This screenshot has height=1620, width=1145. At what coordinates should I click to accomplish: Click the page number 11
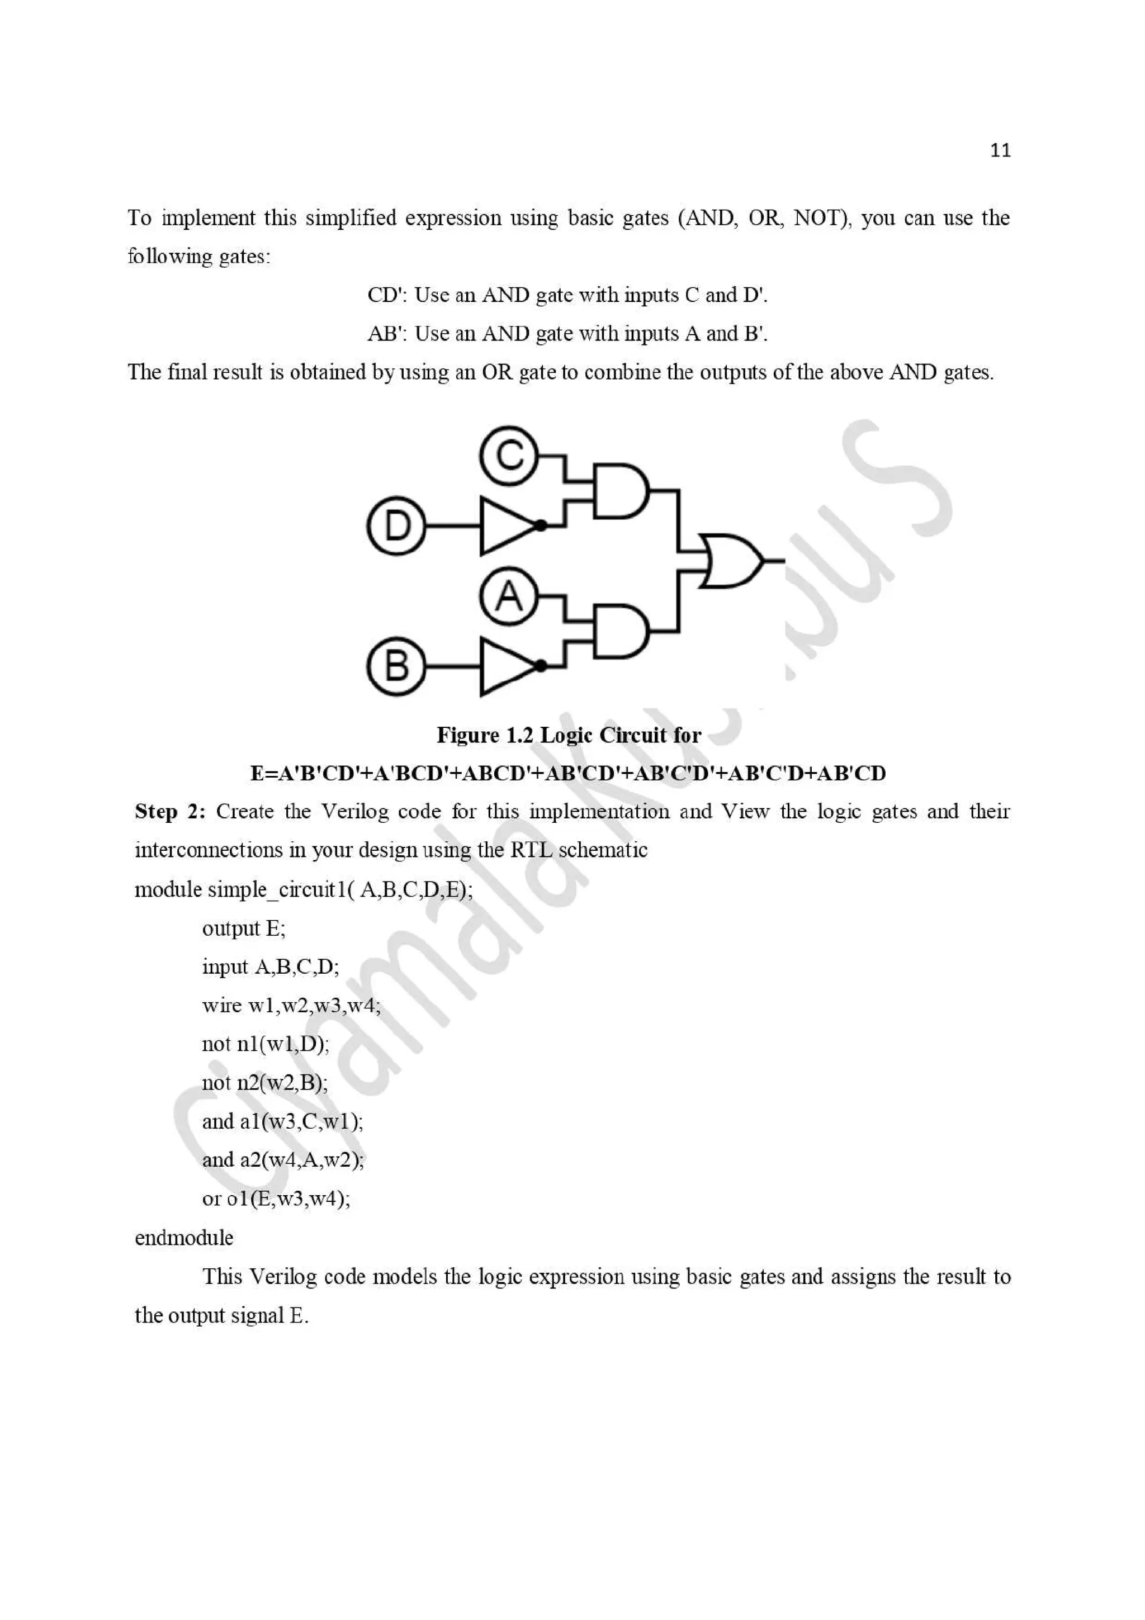click(1000, 150)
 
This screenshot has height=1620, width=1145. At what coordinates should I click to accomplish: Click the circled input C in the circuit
click(508, 455)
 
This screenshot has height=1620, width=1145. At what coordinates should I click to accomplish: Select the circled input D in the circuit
click(396, 525)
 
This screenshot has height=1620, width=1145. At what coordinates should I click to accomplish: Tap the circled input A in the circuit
click(508, 596)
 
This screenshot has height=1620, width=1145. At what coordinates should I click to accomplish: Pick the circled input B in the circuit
click(396, 666)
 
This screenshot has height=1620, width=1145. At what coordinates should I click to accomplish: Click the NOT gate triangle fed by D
click(504, 525)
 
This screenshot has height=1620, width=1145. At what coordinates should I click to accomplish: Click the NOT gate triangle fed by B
click(504, 666)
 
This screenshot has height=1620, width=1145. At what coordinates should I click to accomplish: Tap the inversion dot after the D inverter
click(541, 525)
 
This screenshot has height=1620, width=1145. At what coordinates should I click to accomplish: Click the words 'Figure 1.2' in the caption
click(485, 735)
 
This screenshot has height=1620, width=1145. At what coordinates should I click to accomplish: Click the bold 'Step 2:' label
click(169, 812)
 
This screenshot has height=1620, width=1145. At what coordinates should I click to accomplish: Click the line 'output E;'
click(243, 929)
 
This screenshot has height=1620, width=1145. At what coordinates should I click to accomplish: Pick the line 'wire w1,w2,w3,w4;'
click(291, 1006)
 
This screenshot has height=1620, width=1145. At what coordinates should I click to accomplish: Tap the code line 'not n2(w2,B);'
click(264, 1082)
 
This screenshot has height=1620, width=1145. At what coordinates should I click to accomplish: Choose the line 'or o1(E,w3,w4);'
click(276, 1198)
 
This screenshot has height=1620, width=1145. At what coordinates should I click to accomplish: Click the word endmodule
click(183, 1238)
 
